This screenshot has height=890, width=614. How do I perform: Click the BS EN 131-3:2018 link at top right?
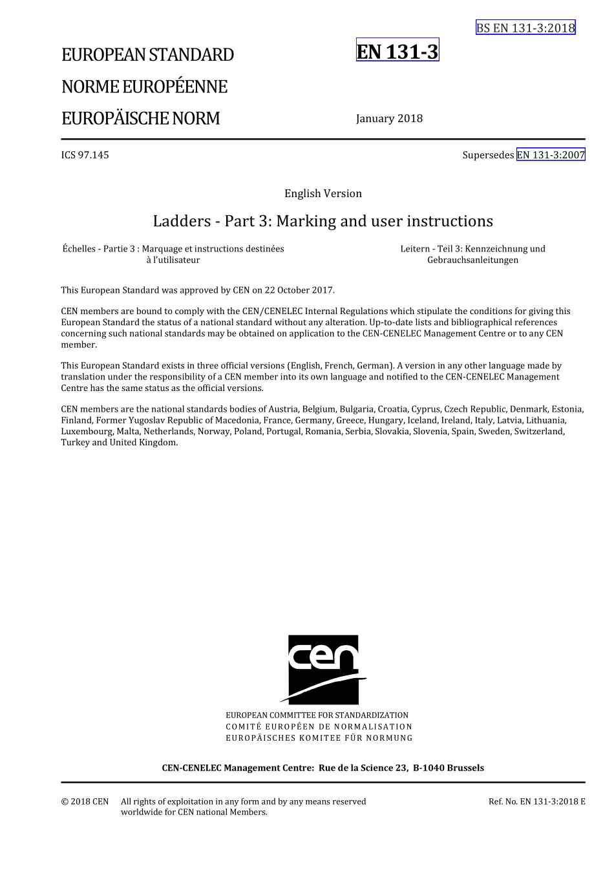525,28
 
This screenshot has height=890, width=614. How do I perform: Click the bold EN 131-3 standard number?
397,51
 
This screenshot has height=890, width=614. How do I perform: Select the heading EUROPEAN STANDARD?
147,55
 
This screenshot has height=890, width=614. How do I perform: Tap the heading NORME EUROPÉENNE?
144,87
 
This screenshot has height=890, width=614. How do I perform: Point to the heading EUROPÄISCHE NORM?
140,118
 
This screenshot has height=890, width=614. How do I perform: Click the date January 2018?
389,118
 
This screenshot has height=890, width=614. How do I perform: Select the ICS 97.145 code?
85,155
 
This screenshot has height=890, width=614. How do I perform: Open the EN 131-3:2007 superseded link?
551,155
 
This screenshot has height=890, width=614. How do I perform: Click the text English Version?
323,193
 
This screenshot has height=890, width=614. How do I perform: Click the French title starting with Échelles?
173,254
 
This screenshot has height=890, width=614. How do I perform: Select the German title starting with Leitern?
472,254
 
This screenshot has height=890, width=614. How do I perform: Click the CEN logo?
323,669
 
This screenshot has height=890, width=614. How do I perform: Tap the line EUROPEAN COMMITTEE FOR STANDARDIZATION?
317,715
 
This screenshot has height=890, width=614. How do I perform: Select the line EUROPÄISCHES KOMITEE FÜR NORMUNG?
319,738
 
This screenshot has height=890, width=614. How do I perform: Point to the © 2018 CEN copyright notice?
85,801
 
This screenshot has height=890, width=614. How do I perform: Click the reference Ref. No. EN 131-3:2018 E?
536,801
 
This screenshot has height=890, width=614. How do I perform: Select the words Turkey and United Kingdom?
119,443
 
